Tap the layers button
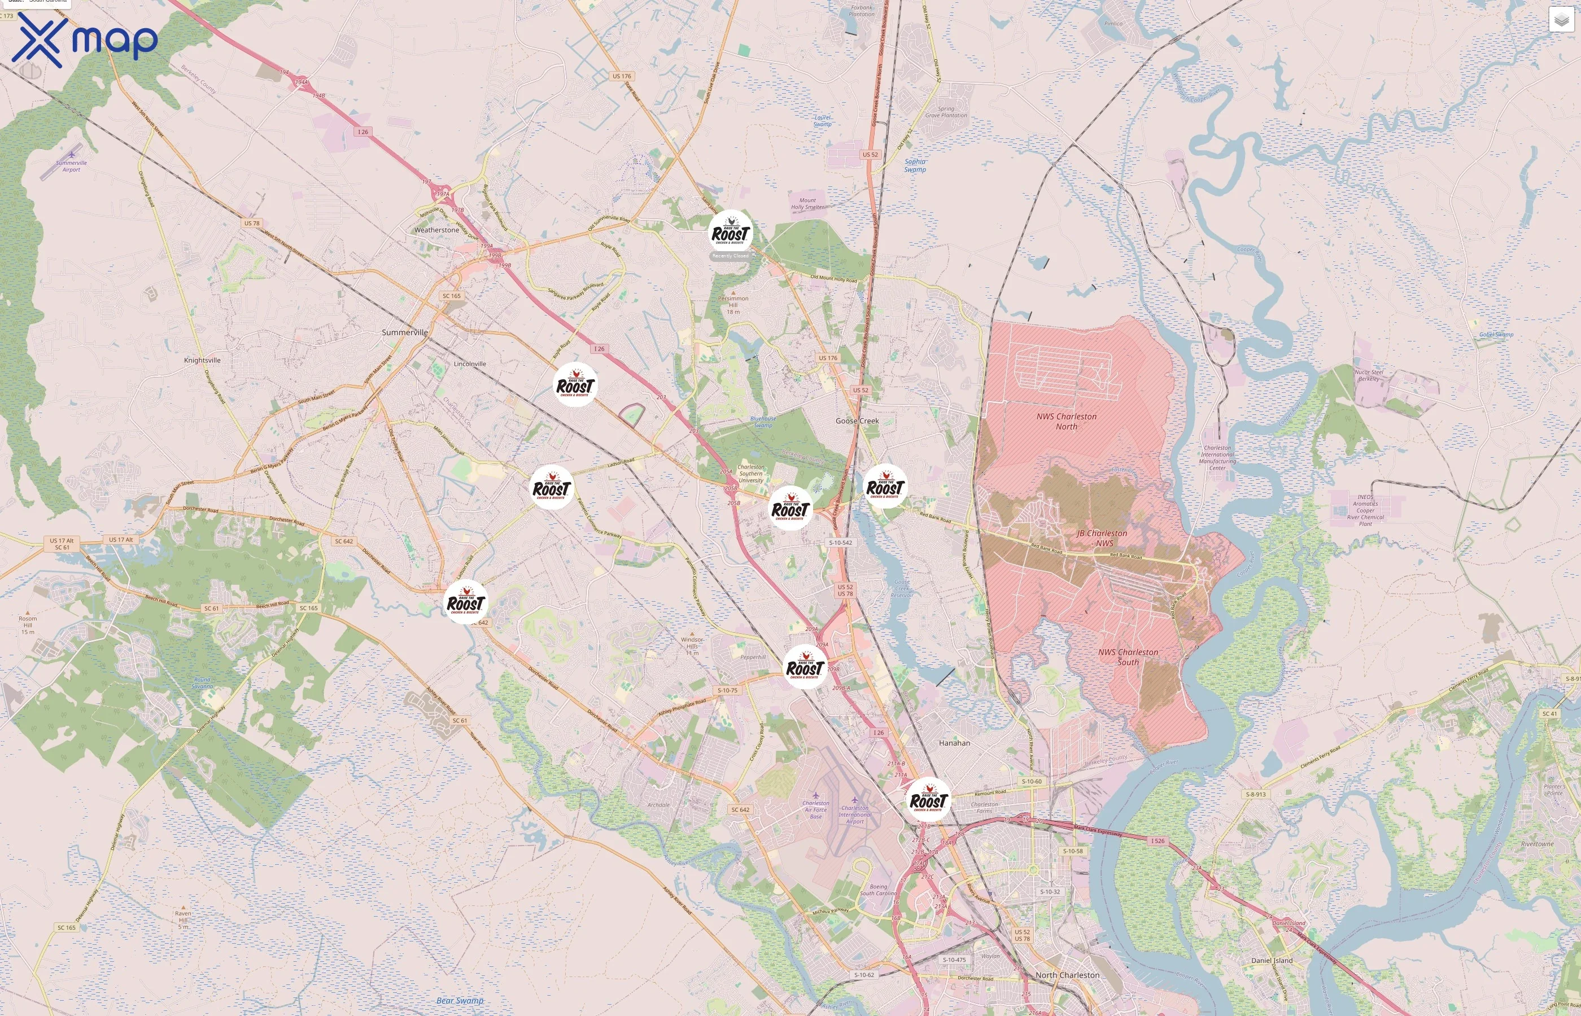1561,20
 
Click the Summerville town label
404,332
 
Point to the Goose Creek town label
857,421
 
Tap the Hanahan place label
954,743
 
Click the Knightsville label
202,360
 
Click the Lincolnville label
470,364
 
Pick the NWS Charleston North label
1066,422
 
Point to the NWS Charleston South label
1128,657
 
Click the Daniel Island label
1272,961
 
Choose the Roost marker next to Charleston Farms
928,800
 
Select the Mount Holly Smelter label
807,204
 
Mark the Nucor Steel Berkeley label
1369,375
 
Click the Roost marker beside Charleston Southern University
790,509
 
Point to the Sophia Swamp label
915,165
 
